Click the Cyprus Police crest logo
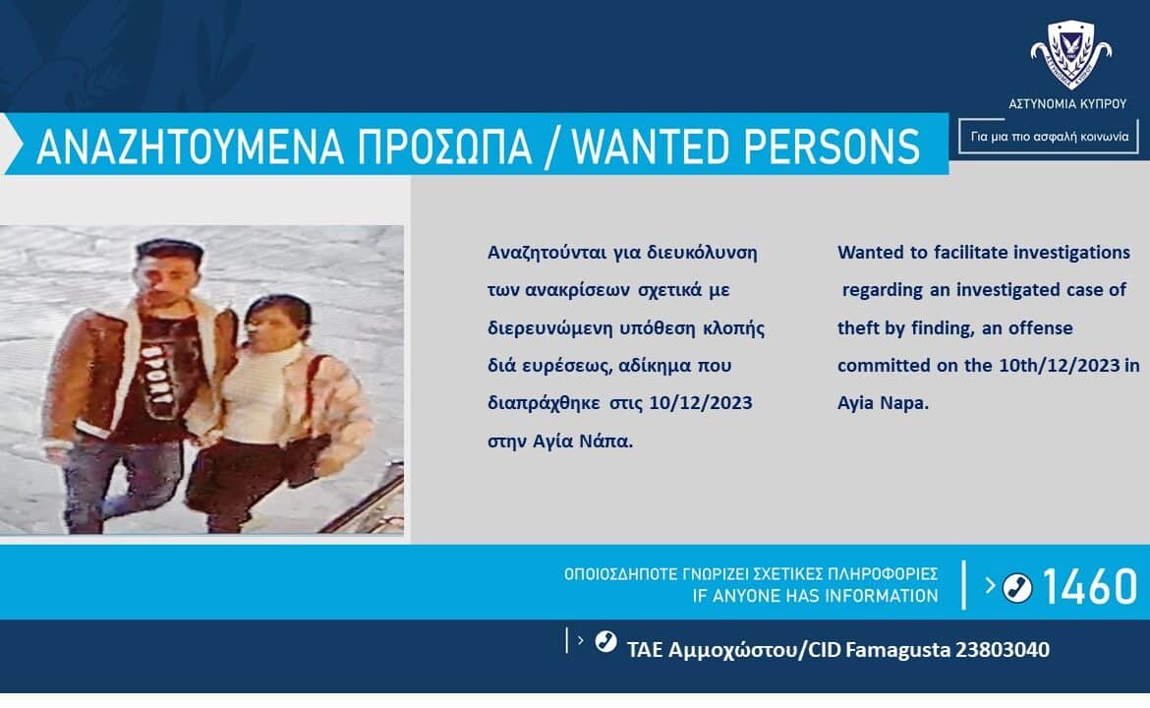coord(1070,54)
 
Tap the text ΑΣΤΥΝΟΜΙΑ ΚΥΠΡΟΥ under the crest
coord(1067,104)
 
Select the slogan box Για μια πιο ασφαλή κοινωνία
coord(1049,137)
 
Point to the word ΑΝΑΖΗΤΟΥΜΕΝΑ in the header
coord(191,146)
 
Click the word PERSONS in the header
coord(832,146)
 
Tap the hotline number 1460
coord(1089,586)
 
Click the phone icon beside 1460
coord(1017,587)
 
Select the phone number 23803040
coord(1002,649)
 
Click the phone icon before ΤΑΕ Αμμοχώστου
coord(605,641)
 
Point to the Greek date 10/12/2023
coord(701,403)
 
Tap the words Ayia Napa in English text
coord(883,403)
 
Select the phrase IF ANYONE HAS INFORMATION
coord(815,596)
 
